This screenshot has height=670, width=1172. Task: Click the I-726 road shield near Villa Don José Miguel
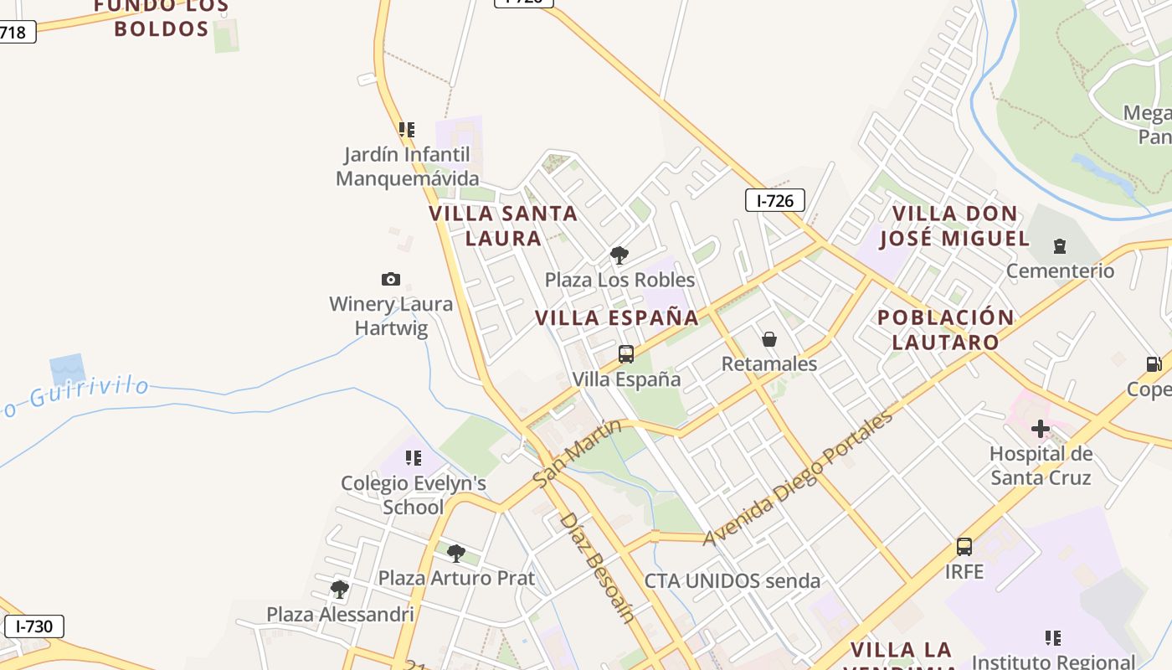pos(774,200)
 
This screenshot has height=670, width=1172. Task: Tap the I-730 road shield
pos(33,626)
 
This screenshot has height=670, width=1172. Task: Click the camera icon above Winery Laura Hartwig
pos(390,279)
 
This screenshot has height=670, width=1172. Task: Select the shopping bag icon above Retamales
pos(768,339)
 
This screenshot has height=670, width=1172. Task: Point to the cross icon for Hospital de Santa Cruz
pos(1041,429)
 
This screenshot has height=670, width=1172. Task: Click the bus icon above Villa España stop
pos(625,354)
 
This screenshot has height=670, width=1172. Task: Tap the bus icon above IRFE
pos(964,547)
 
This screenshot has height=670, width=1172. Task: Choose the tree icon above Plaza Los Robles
pos(619,255)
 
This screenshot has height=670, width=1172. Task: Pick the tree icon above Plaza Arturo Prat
pos(455,553)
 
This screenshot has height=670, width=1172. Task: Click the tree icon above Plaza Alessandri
pos(339,590)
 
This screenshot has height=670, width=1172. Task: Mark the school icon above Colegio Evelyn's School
pos(413,458)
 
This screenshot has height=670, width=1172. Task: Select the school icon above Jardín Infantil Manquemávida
pos(407,130)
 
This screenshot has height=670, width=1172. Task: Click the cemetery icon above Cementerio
pos(1060,246)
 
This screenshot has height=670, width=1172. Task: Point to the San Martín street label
pos(577,453)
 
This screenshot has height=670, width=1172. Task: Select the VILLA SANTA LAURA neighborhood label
pos(503,225)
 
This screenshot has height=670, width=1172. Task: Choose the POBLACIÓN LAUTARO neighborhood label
pos(945,329)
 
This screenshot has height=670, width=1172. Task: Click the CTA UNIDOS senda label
pos(732,580)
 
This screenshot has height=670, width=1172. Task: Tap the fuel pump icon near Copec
pos(1154,364)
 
